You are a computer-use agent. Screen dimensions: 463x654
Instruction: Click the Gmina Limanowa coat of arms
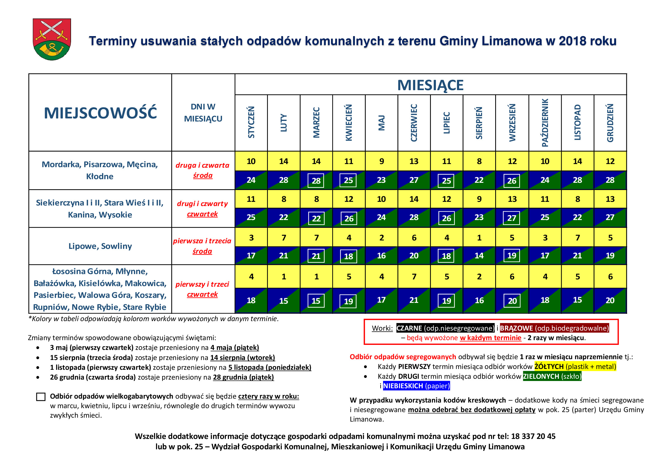point(52,39)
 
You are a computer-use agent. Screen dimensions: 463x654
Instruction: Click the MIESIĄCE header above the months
point(430,85)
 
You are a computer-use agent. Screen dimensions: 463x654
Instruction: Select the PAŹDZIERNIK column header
point(545,123)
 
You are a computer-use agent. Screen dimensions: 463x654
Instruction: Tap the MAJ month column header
point(381,123)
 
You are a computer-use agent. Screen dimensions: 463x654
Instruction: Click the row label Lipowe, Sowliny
point(100,246)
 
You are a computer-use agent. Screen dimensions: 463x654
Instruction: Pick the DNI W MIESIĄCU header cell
point(203,113)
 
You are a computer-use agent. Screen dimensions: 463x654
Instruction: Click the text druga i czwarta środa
point(202,170)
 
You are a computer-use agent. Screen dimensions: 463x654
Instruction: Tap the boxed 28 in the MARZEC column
point(316,181)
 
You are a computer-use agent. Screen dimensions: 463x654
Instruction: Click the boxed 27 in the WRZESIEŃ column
point(512,218)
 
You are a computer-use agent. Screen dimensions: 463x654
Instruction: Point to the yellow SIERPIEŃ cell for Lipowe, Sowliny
point(480,237)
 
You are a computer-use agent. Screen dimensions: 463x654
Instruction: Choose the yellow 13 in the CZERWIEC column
point(414,161)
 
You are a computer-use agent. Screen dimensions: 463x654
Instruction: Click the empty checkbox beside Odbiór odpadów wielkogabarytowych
point(41,397)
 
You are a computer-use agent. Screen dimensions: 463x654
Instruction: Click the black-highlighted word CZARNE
point(409,328)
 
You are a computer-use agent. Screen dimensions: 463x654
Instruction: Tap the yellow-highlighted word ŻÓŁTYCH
point(549,366)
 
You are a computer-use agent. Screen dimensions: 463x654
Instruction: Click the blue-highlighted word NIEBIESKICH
point(403,386)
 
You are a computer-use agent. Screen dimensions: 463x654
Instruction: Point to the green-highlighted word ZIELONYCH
point(541,376)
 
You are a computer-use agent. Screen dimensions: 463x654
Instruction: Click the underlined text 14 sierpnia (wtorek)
point(242,357)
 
